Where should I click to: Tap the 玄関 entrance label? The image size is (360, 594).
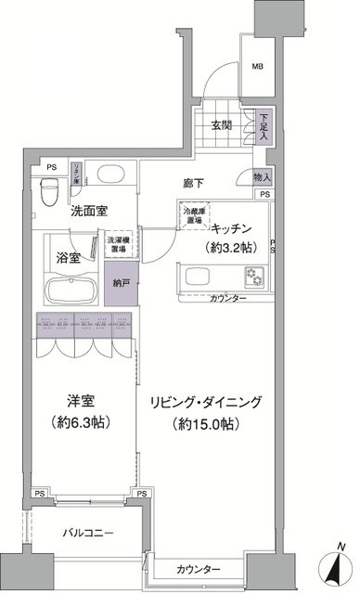point(220,125)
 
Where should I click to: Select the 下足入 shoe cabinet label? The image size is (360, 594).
point(264,126)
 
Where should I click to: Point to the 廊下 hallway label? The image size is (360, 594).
point(195,184)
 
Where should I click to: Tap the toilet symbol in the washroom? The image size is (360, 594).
point(55,189)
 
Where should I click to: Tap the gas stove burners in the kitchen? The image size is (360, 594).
point(254,276)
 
